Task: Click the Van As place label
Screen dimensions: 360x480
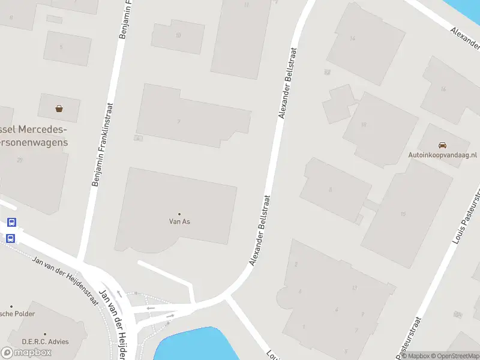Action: tap(179, 221)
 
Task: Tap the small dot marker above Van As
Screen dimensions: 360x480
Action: tap(179, 214)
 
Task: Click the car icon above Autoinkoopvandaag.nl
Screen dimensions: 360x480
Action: tap(442, 145)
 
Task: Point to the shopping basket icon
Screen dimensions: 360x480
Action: tap(59, 109)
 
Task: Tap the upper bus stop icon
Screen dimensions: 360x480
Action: tap(11, 223)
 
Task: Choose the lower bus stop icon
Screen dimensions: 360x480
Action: tap(11, 238)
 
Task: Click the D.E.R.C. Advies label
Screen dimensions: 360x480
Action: tap(45, 342)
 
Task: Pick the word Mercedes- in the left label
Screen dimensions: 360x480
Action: tap(43, 130)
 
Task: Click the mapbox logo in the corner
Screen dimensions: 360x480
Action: tap(26, 352)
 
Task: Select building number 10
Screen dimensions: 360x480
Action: tap(178, 35)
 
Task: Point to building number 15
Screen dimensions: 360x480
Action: tap(403, 214)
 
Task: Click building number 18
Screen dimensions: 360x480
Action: tap(364, 125)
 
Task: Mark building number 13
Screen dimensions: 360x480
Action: tap(355, 288)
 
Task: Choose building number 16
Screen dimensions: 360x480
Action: tap(443, 89)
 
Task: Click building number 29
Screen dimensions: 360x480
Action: tap(20, 160)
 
